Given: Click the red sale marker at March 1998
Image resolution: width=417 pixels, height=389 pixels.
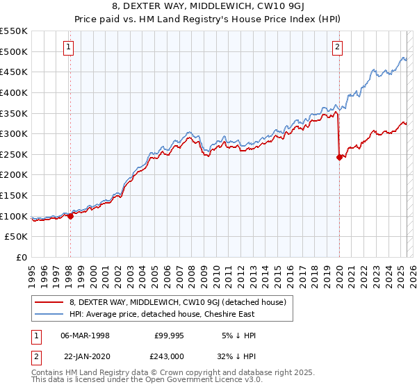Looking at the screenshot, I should (70, 216).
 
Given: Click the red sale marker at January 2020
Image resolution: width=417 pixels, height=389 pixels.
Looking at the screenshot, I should (339, 157).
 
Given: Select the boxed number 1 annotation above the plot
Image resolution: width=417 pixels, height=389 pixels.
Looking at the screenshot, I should (69, 47).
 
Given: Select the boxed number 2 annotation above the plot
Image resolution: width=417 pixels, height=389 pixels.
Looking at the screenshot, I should (337, 47).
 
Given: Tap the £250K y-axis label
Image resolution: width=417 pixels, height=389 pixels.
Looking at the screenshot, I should (14, 154).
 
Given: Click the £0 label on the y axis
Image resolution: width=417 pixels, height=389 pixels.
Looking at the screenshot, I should (21, 257).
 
